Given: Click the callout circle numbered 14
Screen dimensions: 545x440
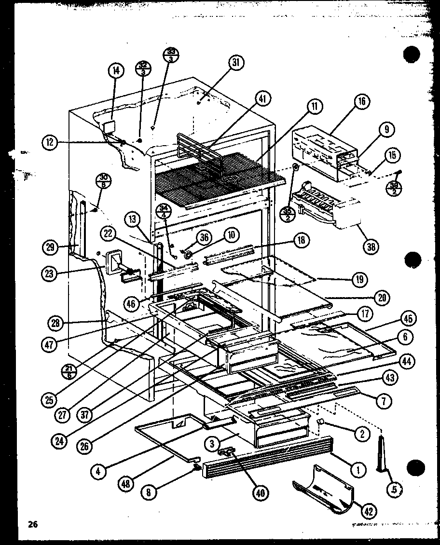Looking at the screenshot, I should [116, 71].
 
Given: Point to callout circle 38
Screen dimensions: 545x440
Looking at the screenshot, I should [370, 246].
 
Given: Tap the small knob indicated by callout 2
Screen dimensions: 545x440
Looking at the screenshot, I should [320, 422].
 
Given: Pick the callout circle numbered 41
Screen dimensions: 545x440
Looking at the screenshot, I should [261, 99].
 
